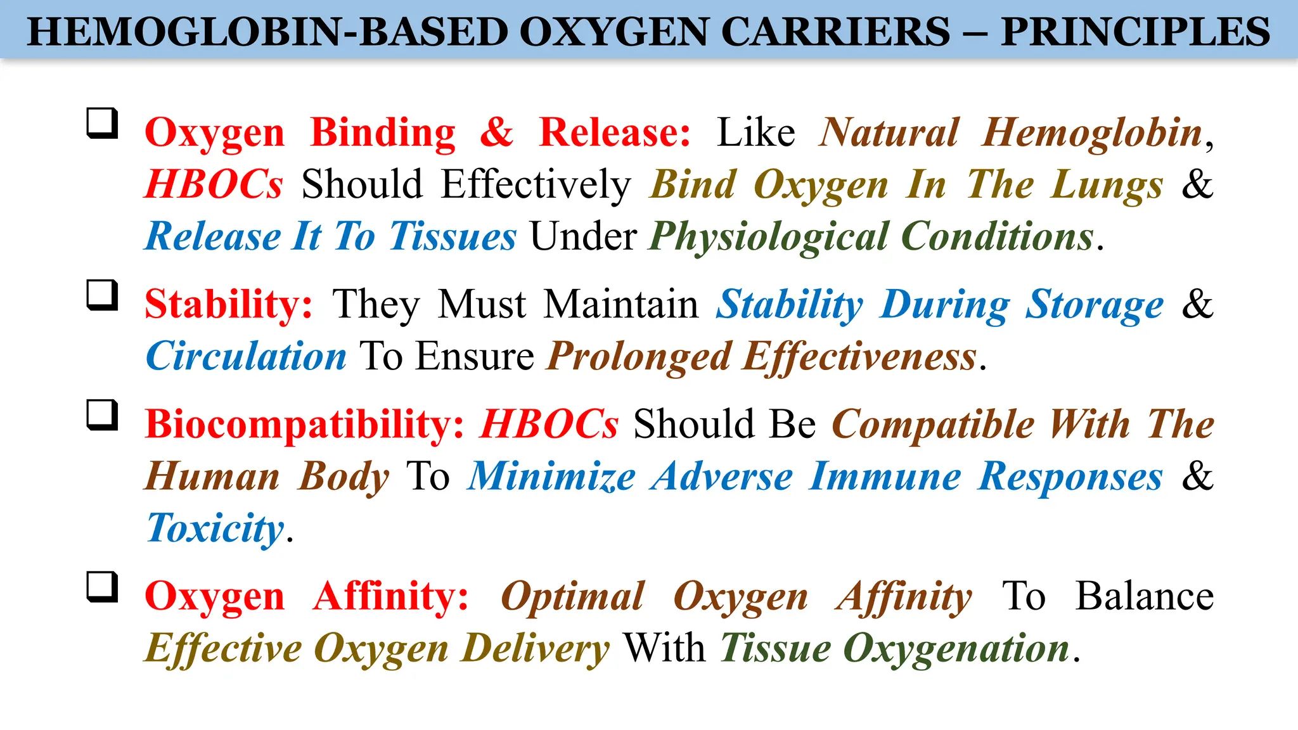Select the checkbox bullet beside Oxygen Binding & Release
(103, 123)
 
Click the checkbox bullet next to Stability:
(103, 295)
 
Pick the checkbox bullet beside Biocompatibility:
(103, 415)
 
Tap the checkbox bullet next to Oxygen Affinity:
(103, 587)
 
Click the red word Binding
(383, 133)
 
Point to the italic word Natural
(889, 133)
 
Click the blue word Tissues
(453, 237)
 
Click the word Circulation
(246, 356)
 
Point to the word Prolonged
(639, 356)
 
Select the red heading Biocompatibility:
(305, 424)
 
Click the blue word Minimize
(551, 477)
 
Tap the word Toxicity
(215, 528)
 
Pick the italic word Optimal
(573, 597)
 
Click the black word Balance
(1144, 597)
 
